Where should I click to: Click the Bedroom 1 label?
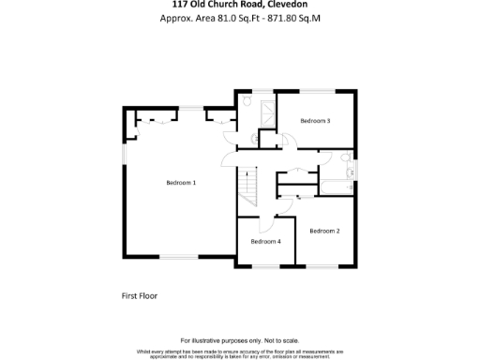[x=181, y=182]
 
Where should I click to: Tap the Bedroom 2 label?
[x=324, y=231]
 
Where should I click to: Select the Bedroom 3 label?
[x=315, y=121]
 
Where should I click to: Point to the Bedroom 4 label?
[x=265, y=241]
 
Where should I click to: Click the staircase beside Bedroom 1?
[x=248, y=186]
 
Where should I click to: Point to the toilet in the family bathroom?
[x=348, y=157]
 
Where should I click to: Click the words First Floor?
[x=140, y=295]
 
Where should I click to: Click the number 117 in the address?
[x=167, y=4]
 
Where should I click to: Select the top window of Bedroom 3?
[x=320, y=90]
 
